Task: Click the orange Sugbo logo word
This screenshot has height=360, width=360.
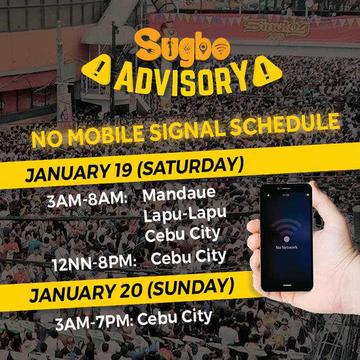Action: (182, 45)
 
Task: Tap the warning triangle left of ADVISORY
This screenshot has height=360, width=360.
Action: (97, 70)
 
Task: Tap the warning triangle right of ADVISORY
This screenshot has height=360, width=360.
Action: (267, 72)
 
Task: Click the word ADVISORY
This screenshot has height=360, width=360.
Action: (181, 79)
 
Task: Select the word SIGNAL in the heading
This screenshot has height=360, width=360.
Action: (188, 131)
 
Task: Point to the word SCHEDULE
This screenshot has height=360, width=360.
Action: (284, 124)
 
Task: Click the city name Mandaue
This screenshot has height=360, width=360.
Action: (179, 194)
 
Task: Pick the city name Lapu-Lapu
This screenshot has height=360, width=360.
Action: (185, 215)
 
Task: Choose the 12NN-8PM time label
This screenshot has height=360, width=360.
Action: (94, 263)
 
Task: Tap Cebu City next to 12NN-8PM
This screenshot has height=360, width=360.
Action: (189, 257)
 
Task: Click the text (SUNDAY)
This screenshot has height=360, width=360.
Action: (191, 288)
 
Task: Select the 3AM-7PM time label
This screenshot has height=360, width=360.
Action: (94, 322)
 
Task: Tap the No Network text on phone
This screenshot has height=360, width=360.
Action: (287, 247)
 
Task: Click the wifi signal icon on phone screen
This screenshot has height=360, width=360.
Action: (287, 229)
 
